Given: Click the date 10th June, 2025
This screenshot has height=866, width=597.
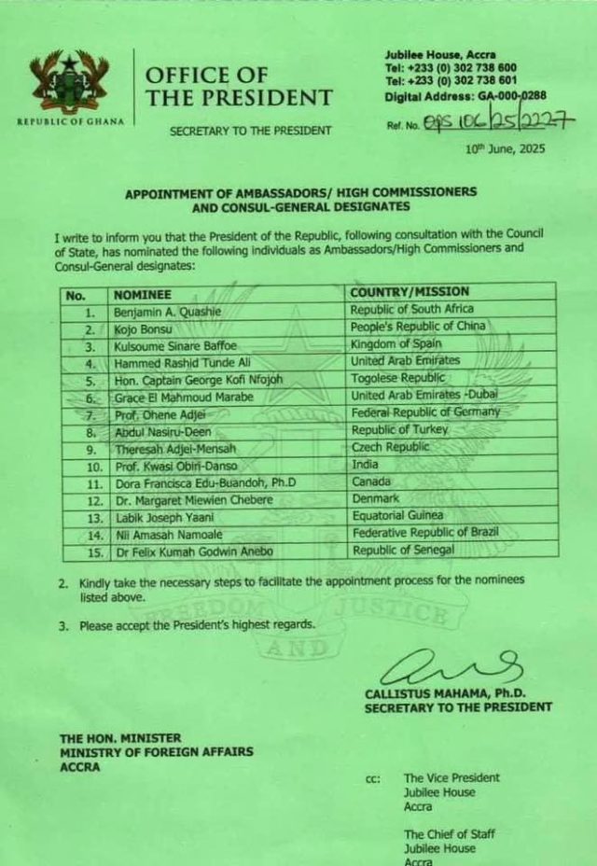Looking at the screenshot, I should pos(505,148).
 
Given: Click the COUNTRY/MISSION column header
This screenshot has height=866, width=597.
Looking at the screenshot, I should pos(410,293).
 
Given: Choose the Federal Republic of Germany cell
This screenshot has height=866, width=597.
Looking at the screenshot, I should pos(424,412).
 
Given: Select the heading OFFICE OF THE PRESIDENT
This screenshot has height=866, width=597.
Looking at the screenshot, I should pos(238,86).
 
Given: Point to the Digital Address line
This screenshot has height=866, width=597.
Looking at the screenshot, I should pos(465,95).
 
